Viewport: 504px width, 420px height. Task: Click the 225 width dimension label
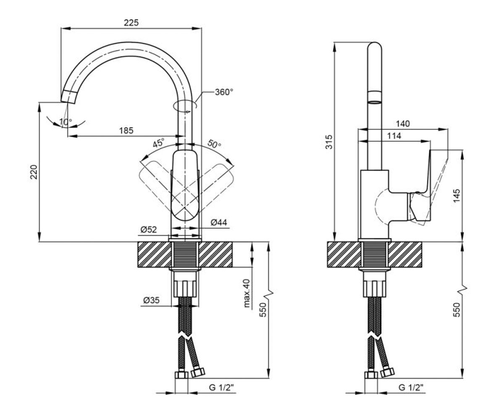tap(131, 23)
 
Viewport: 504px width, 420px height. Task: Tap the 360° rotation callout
tap(224, 92)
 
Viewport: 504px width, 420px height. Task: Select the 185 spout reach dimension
tap(126, 131)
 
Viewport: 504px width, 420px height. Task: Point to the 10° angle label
tap(66, 122)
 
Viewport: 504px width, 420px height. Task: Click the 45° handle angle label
tap(159, 143)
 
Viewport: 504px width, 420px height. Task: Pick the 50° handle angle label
tap(214, 144)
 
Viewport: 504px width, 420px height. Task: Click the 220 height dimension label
tap(34, 172)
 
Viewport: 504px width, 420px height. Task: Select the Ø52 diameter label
tap(149, 229)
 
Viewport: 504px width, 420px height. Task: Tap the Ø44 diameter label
tap(219, 222)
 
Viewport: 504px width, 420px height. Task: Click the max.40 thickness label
tap(247, 293)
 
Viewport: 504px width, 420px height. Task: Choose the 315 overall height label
tap(329, 142)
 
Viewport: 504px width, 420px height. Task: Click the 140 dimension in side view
tap(403, 124)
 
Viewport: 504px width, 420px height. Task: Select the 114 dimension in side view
tap(394, 136)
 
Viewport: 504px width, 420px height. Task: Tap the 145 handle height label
tap(457, 196)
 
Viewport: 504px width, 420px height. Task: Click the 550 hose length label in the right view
tap(457, 310)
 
